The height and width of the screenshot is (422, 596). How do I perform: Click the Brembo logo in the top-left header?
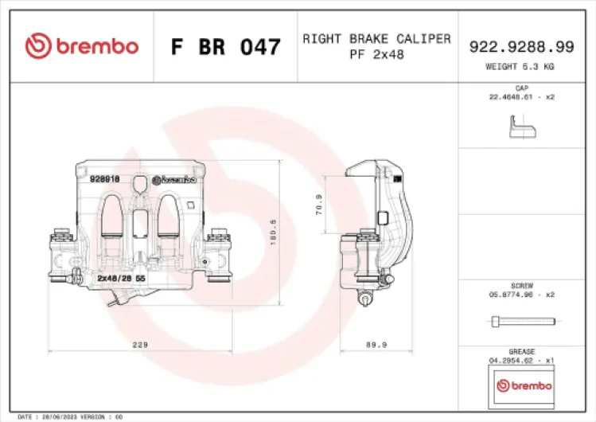[x=81, y=46]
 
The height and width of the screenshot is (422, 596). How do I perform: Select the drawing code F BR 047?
[x=226, y=47]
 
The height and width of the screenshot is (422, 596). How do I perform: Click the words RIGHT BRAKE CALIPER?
[x=376, y=38]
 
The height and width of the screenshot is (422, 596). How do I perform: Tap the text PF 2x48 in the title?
[x=376, y=54]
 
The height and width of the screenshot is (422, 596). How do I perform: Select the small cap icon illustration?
[x=521, y=126]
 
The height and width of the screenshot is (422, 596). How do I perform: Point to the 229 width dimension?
[x=140, y=345]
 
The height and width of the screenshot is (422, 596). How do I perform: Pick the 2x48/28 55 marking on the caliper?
[x=120, y=279]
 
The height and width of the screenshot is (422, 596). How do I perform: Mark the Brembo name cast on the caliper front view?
[x=174, y=180]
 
